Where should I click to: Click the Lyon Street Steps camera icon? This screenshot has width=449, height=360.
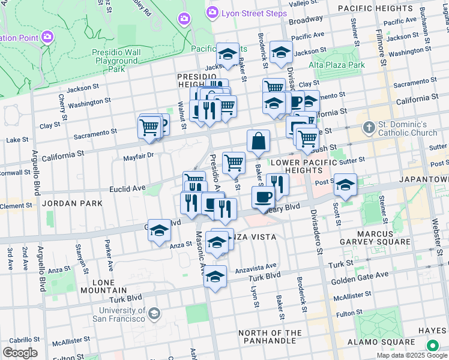click(212, 13)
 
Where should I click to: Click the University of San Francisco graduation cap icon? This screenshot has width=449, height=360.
click(154, 314)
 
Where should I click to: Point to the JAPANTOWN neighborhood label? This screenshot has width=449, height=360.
click(427, 179)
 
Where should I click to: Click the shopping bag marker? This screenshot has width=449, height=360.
click(258, 142)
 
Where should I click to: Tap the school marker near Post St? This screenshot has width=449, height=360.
click(345, 185)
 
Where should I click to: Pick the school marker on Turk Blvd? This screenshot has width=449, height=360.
click(215, 277)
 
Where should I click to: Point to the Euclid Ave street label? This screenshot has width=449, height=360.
click(128, 188)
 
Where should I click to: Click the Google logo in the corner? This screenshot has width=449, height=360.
click(20, 353)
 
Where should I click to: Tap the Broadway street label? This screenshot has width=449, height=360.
click(305, 20)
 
